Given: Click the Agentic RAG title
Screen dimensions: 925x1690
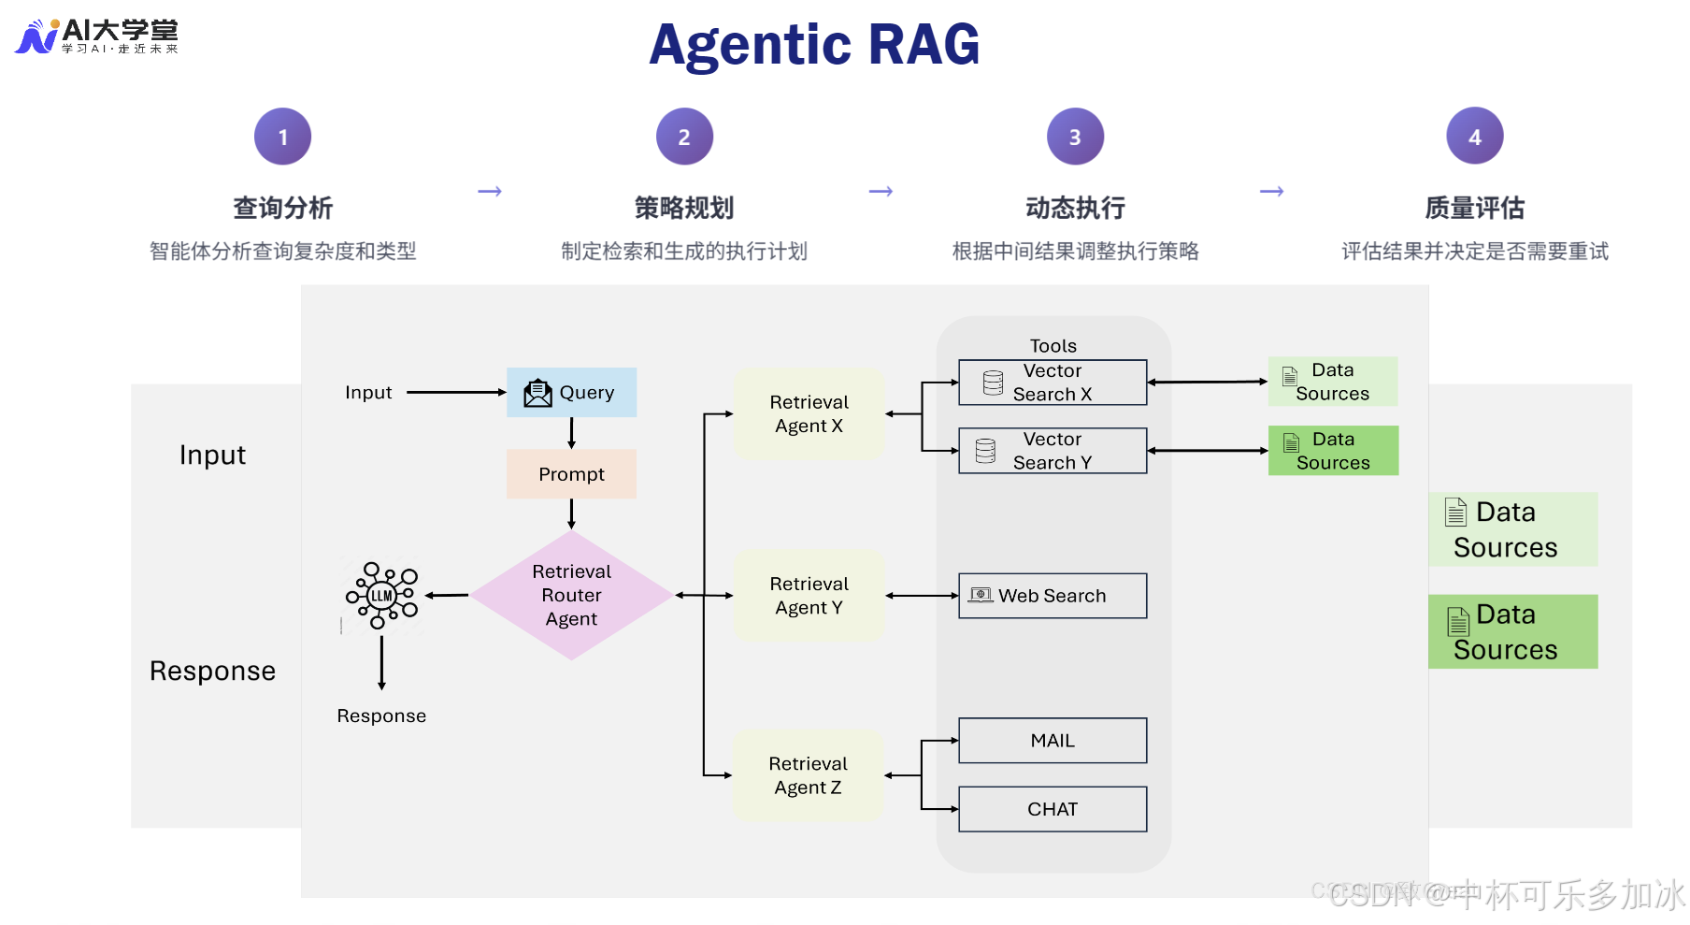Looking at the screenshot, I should pos(814,44).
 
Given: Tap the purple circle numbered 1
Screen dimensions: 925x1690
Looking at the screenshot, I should pos(282,137).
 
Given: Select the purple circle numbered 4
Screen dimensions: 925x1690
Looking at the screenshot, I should pos(1474,137).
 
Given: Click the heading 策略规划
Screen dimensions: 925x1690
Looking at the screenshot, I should pos(683,208).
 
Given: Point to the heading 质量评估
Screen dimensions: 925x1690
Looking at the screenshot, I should pos(1474,208).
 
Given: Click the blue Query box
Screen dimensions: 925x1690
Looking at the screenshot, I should pos(571,392).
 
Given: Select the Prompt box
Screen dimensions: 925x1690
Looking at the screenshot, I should pos(571,474).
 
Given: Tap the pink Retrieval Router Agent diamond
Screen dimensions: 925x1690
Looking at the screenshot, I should pos(571,595).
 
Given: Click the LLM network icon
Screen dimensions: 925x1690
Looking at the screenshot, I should pos(382,595).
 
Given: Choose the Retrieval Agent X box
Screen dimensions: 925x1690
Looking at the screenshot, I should pos(809,413).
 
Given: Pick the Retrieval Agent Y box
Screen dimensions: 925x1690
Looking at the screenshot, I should pos(809,595).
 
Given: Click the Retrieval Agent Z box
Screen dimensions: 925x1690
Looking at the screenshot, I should pos(808,775).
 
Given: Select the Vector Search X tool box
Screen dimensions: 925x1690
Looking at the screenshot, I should pos(1053,383).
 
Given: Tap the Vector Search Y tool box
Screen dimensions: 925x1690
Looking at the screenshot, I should pos(1053,451).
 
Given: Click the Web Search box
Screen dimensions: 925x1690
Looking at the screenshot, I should pos(1053,596).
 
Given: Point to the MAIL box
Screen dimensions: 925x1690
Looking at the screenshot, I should pos(1053,741).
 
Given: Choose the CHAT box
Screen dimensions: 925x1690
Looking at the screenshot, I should pos(1053,809).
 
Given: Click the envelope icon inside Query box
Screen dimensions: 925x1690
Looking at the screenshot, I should pos(537,393).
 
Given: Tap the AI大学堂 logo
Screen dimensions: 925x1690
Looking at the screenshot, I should pos(96,36).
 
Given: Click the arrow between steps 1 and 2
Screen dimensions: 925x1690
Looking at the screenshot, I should pos(490,192).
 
